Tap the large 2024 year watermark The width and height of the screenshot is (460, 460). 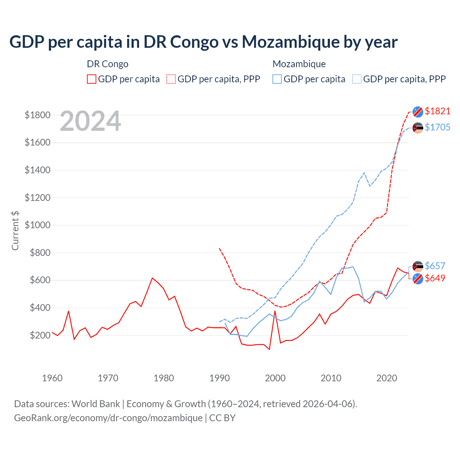tap(90, 121)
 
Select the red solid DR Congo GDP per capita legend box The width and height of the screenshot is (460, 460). tap(92, 79)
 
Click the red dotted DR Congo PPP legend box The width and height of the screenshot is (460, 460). tap(171, 79)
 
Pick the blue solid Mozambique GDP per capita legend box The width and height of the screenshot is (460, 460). tap(277, 79)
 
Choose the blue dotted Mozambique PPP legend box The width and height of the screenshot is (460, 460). tap(357, 79)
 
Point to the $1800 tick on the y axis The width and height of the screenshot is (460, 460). tap(37, 115)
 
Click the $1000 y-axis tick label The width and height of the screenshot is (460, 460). tap(37, 225)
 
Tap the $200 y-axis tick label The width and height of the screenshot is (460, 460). tap(40, 335)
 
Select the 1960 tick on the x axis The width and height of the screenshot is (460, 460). tap(52, 378)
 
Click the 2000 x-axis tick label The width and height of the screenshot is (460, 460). tap(275, 378)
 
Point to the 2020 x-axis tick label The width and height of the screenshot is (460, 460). tap(387, 378)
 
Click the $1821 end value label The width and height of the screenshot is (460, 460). tap(437, 111)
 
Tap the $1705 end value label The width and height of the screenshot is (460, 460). tap(437, 127)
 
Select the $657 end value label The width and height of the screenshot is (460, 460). tap(435, 266)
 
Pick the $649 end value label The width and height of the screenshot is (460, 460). tap(435, 278)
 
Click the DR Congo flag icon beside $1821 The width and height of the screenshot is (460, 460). tap(418, 112)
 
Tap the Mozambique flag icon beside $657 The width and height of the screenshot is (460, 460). tap(418, 266)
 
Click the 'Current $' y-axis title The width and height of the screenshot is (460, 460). tap(15, 230)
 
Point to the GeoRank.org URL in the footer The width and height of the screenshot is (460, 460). tap(108, 418)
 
